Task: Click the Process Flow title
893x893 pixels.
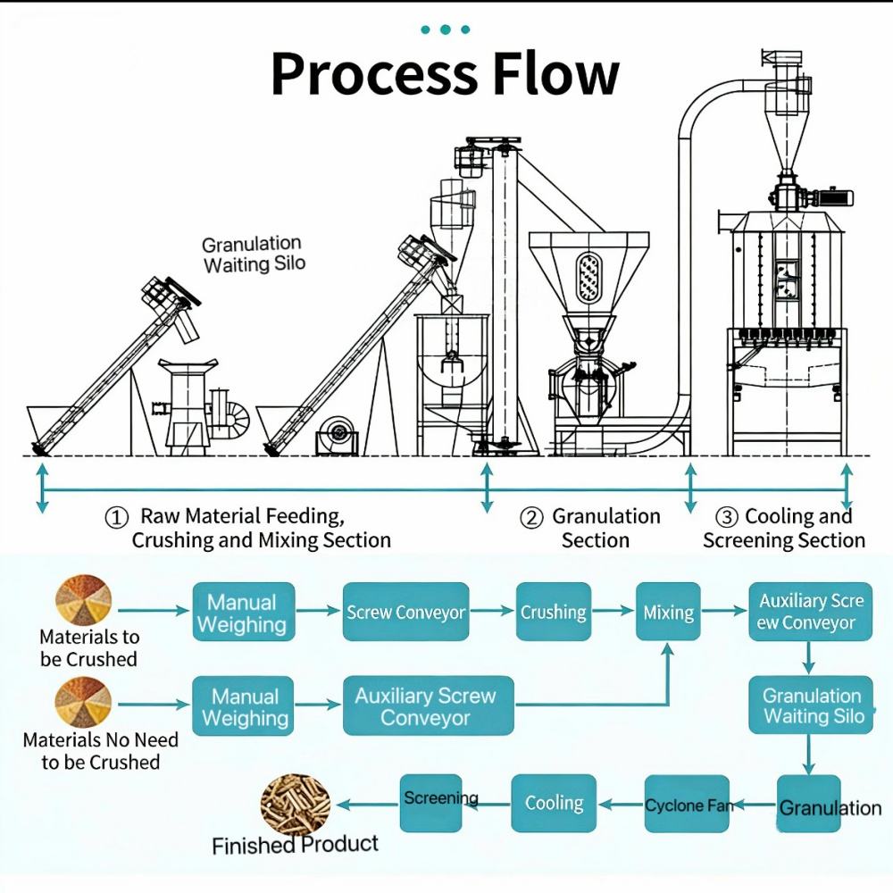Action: click(x=445, y=74)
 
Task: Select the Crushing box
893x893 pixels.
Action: click(x=554, y=613)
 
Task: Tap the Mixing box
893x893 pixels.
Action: click(x=668, y=613)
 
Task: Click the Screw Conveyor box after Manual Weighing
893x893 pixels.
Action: click(x=406, y=613)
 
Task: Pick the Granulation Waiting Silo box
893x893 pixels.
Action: click(x=811, y=705)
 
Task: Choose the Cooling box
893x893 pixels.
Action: click(x=554, y=804)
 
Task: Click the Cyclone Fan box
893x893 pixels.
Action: click(x=687, y=805)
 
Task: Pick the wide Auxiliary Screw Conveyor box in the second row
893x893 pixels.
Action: click(x=428, y=705)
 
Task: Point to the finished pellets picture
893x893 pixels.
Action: click(x=295, y=804)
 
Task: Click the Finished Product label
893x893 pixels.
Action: click(x=295, y=845)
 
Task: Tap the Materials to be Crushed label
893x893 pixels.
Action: click(x=88, y=648)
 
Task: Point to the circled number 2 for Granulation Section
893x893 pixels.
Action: click(x=532, y=518)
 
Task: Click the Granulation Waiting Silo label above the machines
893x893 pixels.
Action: click(x=253, y=255)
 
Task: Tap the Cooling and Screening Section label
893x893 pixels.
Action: click(x=784, y=528)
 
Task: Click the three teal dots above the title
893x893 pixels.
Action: click(x=445, y=29)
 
